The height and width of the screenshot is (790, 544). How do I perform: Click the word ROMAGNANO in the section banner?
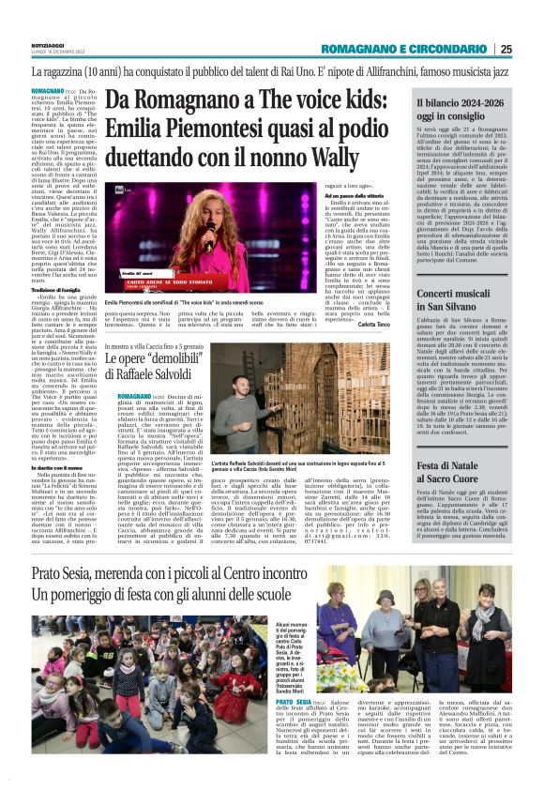click(376, 50)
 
